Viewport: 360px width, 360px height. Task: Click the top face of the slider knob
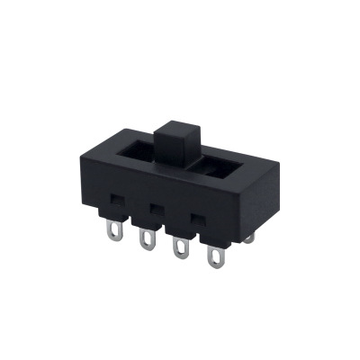(x=177, y=122)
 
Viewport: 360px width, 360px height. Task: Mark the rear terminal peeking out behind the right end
(x=249, y=237)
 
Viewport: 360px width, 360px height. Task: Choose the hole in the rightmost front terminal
(x=215, y=261)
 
